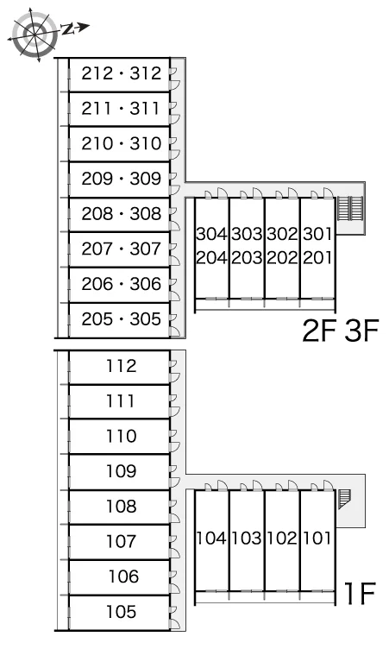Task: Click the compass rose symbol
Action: coord(35,34)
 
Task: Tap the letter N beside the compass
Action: coord(67,29)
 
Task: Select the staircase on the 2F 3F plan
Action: coord(350,208)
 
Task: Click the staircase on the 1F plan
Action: coord(344,499)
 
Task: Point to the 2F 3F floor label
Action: coord(341,331)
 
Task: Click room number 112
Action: coord(122,366)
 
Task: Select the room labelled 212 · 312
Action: coord(122,73)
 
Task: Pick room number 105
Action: coord(122,612)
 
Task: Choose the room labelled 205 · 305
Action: coord(122,319)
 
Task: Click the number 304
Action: coord(211,234)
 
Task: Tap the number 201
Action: coord(317,257)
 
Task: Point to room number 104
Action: coord(211,538)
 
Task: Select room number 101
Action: coord(317,538)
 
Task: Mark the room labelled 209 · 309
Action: coord(122,179)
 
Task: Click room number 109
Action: coord(122,471)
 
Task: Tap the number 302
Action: coord(282,234)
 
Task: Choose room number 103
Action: coord(247,538)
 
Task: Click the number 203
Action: coord(247,257)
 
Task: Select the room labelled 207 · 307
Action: coord(122,249)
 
